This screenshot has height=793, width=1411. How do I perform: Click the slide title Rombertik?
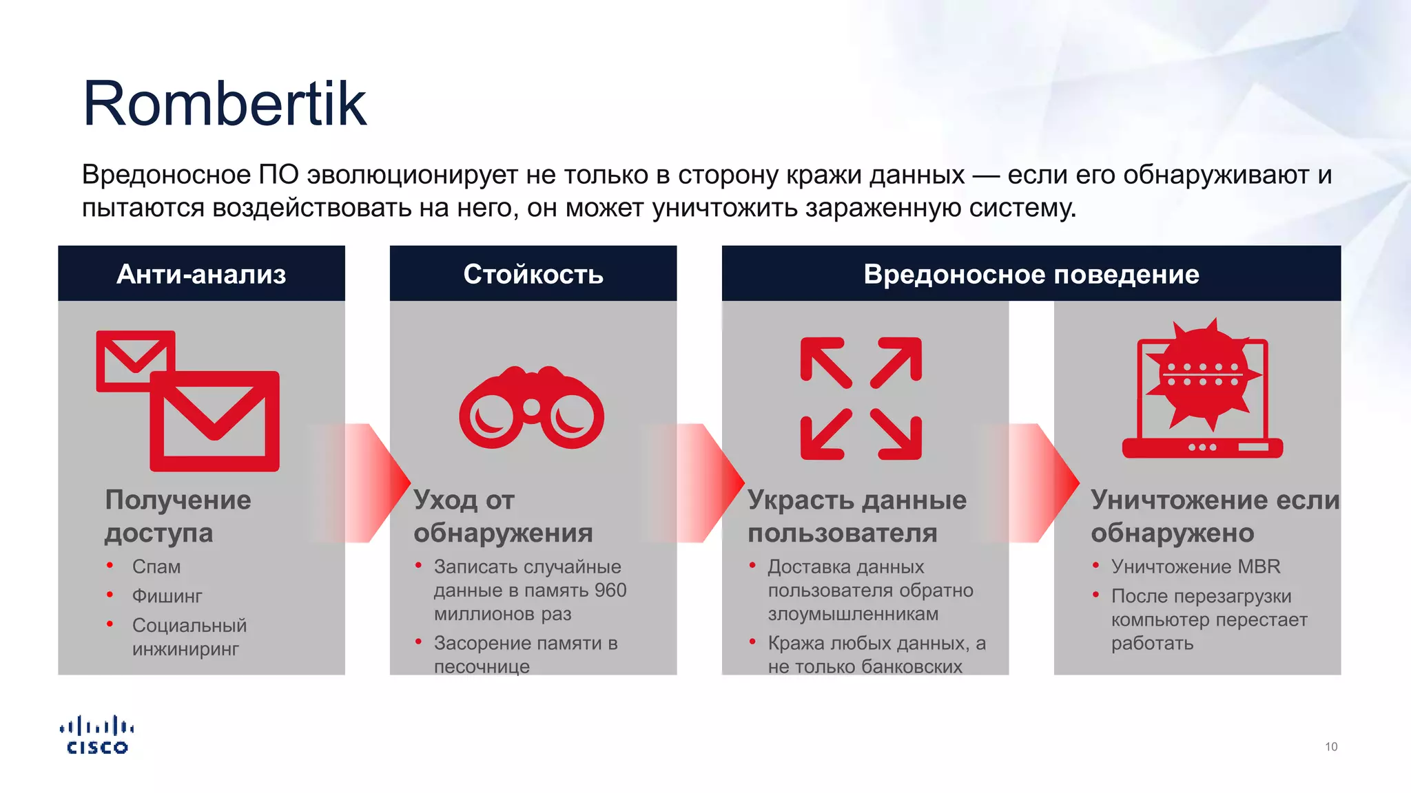[225, 104]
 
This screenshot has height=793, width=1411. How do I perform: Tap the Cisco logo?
[97, 735]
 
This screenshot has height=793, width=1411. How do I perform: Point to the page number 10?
[1330, 747]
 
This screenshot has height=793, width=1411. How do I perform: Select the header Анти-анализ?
[201, 274]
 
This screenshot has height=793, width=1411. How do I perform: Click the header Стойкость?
[533, 274]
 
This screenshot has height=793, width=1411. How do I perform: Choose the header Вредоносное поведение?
[1031, 274]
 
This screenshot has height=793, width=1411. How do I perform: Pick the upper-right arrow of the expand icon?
[897, 361]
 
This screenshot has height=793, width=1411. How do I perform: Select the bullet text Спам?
[156, 567]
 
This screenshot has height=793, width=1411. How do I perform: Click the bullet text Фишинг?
[167, 596]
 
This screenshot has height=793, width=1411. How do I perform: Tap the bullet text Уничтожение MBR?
[1195, 567]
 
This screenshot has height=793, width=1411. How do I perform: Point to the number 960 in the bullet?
[610, 590]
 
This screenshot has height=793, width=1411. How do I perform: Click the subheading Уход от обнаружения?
[503, 516]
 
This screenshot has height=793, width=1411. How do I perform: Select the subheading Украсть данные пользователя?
[856, 516]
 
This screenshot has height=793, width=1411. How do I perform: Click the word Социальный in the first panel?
[189, 625]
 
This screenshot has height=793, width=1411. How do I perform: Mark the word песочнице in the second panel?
[482, 666]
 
